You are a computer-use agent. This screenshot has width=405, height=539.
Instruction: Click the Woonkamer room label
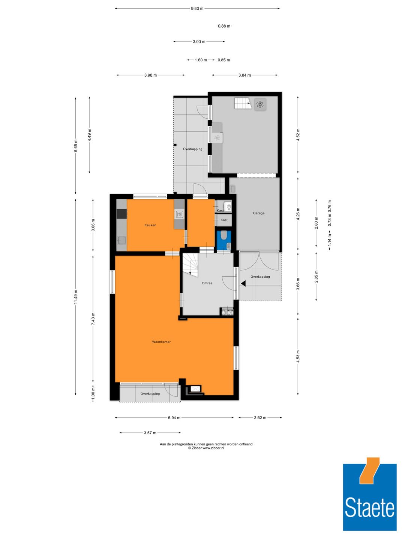click(161, 342)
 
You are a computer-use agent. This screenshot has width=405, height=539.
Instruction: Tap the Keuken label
click(150, 225)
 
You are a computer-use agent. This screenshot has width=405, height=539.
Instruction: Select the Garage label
click(258, 213)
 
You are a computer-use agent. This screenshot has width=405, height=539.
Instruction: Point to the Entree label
click(207, 283)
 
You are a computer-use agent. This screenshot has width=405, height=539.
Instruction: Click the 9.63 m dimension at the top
click(197, 8)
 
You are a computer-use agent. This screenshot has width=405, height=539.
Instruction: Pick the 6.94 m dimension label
click(174, 418)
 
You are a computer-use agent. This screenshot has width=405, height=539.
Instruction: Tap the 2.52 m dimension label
click(260, 418)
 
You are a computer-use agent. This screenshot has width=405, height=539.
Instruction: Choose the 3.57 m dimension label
click(150, 433)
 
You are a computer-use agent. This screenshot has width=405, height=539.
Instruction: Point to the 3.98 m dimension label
click(150, 75)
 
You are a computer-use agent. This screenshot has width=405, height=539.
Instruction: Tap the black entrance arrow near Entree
click(243, 284)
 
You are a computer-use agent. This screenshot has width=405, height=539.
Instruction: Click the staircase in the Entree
click(190, 265)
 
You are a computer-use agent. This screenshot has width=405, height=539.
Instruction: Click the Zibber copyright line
click(206, 448)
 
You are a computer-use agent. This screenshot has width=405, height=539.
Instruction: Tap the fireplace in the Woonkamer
click(195, 389)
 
